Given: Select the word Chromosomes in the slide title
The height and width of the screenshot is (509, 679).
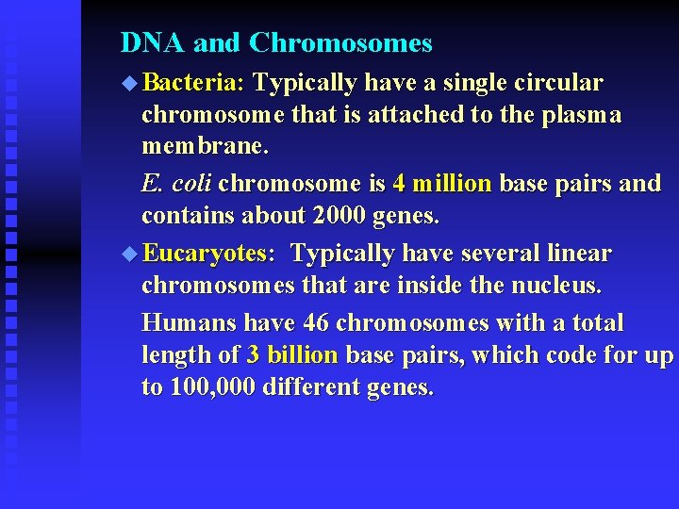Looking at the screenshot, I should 340,43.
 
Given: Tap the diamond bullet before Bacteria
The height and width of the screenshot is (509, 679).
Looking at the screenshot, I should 129,84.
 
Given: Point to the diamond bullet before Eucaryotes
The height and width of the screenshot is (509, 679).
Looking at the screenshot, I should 129,254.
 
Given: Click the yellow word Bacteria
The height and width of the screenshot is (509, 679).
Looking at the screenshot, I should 193,83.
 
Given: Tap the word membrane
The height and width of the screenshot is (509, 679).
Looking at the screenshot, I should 205,147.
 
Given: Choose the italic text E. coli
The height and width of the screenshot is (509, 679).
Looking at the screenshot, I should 176,183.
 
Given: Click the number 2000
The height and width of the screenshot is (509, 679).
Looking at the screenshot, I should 339,215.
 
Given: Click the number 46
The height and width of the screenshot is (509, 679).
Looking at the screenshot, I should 316,322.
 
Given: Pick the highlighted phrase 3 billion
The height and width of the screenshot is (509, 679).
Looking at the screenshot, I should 291,355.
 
